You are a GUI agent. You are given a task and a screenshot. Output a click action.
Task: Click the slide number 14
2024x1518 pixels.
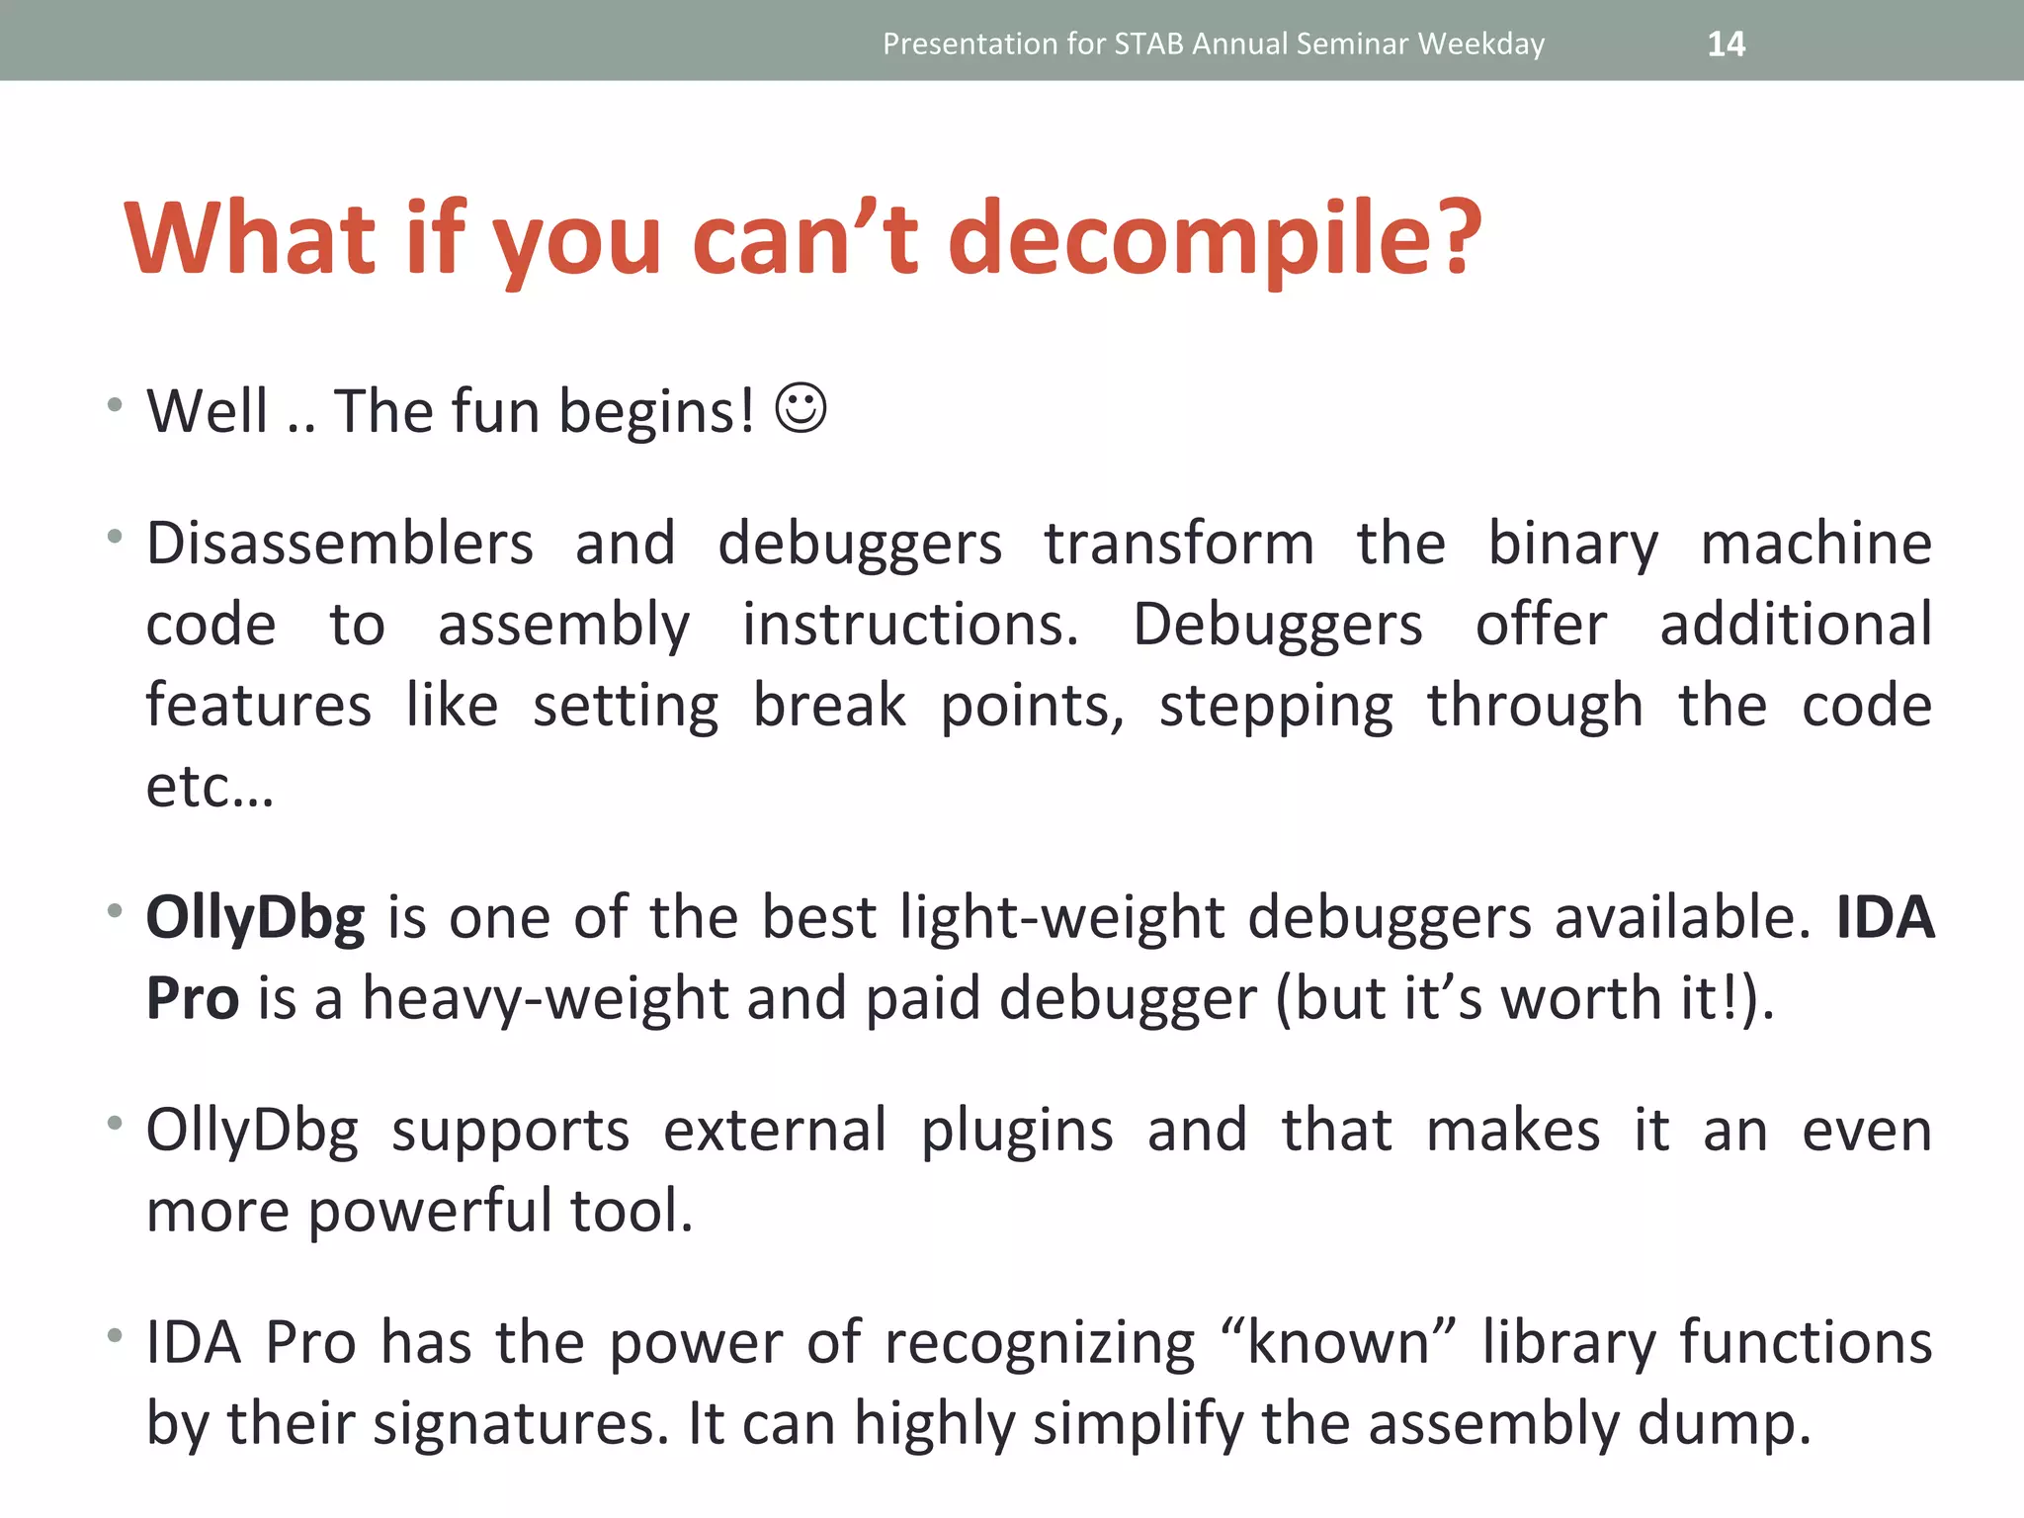(x=1726, y=43)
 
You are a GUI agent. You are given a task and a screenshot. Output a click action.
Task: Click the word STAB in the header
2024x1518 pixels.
(x=1148, y=43)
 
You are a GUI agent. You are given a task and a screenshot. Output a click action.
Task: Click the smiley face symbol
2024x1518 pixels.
(x=801, y=407)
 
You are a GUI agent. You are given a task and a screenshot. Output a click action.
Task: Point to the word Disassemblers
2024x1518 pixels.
(x=340, y=544)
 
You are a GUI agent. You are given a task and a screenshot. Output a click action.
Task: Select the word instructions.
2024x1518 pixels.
(x=910, y=625)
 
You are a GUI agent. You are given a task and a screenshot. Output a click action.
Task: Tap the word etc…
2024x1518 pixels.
(x=210, y=787)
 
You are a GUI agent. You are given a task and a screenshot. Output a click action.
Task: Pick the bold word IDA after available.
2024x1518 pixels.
(x=1885, y=917)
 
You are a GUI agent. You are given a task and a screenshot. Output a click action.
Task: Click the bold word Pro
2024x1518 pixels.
(x=192, y=998)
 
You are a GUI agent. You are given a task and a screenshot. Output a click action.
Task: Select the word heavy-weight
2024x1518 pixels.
(x=545, y=998)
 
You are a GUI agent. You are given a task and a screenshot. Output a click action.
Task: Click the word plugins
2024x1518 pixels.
(x=1016, y=1132)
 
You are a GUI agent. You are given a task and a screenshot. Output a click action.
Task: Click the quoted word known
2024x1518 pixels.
(x=1338, y=1342)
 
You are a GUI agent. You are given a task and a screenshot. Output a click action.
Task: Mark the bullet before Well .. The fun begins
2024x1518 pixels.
(x=116, y=404)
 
